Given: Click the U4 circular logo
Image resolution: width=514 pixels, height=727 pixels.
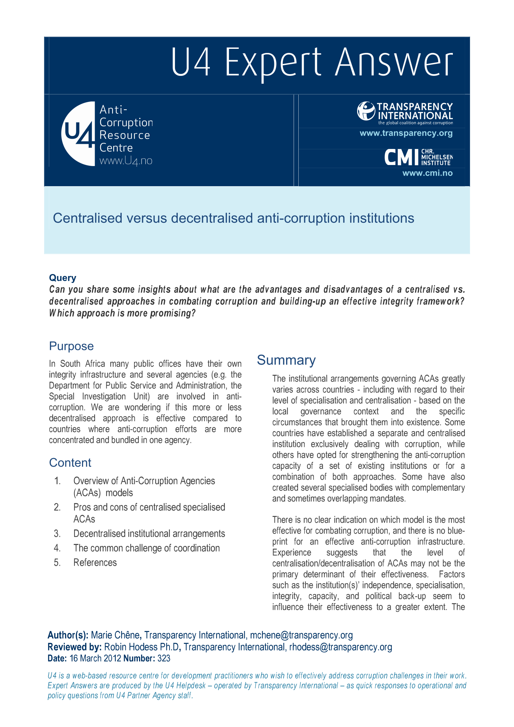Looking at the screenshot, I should click(x=78, y=134).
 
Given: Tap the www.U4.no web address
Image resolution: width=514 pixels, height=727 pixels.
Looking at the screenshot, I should click(x=126, y=161).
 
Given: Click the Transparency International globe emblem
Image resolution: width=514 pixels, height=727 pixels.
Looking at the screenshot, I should click(x=366, y=111).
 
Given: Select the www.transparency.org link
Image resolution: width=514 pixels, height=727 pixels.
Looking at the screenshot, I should click(x=406, y=133).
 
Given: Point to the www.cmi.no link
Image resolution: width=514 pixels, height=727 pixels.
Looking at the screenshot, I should click(x=427, y=173).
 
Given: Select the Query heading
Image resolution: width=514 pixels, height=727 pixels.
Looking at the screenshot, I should click(x=63, y=278).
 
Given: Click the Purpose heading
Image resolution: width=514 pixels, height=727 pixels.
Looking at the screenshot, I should click(x=71, y=346).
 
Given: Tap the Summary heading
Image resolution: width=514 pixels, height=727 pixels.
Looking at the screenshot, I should click(x=286, y=360).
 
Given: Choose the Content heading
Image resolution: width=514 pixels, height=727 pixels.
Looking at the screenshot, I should click(x=70, y=463).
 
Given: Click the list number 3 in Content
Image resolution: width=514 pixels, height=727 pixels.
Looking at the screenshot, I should click(x=57, y=534).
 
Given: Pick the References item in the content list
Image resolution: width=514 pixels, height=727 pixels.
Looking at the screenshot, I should click(x=95, y=562).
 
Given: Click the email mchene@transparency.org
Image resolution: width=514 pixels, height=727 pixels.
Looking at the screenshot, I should click(x=301, y=635).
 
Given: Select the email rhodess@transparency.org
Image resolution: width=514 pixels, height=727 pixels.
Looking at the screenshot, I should click(x=340, y=647).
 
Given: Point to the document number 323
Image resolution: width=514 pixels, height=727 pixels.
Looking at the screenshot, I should click(x=164, y=658).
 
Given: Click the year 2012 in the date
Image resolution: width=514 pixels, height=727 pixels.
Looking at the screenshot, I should click(x=112, y=658).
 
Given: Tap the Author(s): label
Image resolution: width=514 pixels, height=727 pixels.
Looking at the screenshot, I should click(x=68, y=635).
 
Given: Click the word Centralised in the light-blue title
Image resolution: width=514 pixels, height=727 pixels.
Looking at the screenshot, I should click(x=87, y=218).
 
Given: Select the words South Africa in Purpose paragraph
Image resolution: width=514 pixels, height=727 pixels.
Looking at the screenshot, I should click(x=82, y=363).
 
